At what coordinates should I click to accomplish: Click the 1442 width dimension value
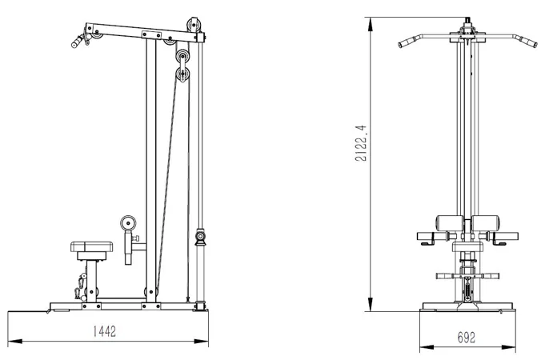[104, 331]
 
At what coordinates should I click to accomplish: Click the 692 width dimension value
[466, 337]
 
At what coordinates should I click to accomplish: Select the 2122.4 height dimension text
[361, 142]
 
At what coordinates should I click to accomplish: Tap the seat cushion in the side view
[92, 246]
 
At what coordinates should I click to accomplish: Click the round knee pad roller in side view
[128, 223]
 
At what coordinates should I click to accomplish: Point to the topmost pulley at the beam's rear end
[193, 26]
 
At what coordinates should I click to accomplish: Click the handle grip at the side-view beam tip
[78, 42]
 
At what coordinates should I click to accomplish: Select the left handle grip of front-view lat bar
[405, 42]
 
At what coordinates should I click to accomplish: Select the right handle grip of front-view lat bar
[530, 42]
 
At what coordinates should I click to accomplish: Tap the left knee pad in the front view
[450, 223]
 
